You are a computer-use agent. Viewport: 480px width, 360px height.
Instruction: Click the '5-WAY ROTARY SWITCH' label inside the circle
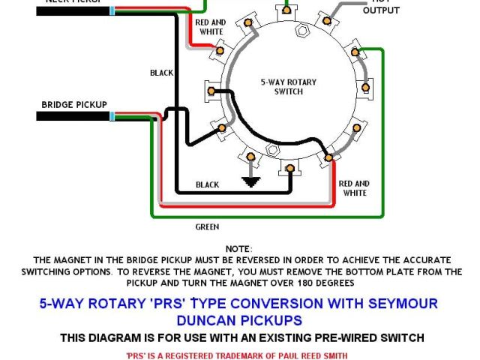pyautogui.click(x=282, y=86)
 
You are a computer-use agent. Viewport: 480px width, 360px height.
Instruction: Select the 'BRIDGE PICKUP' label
pyautogui.click(x=74, y=104)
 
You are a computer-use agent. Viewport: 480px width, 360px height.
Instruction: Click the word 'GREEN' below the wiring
pyautogui.click(x=207, y=226)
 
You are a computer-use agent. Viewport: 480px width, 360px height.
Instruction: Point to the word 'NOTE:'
pyautogui.click(x=239, y=248)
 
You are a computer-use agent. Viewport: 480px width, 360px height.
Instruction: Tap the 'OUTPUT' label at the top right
pyautogui.click(x=381, y=10)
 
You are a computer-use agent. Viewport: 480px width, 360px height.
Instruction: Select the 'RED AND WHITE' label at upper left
pyautogui.click(x=211, y=27)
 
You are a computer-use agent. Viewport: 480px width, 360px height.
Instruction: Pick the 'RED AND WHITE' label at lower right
pyautogui.click(x=354, y=188)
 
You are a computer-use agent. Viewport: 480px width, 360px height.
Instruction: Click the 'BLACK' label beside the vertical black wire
pyautogui.click(x=161, y=73)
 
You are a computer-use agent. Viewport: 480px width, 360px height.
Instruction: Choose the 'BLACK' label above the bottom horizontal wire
pyautogui.click(x=207, y=184)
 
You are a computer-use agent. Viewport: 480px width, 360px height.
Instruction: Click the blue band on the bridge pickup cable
pyautogui.click(x=112, y=116)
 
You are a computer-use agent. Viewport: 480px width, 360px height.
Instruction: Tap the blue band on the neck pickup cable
pyautogui.click(x=112, y=10)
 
